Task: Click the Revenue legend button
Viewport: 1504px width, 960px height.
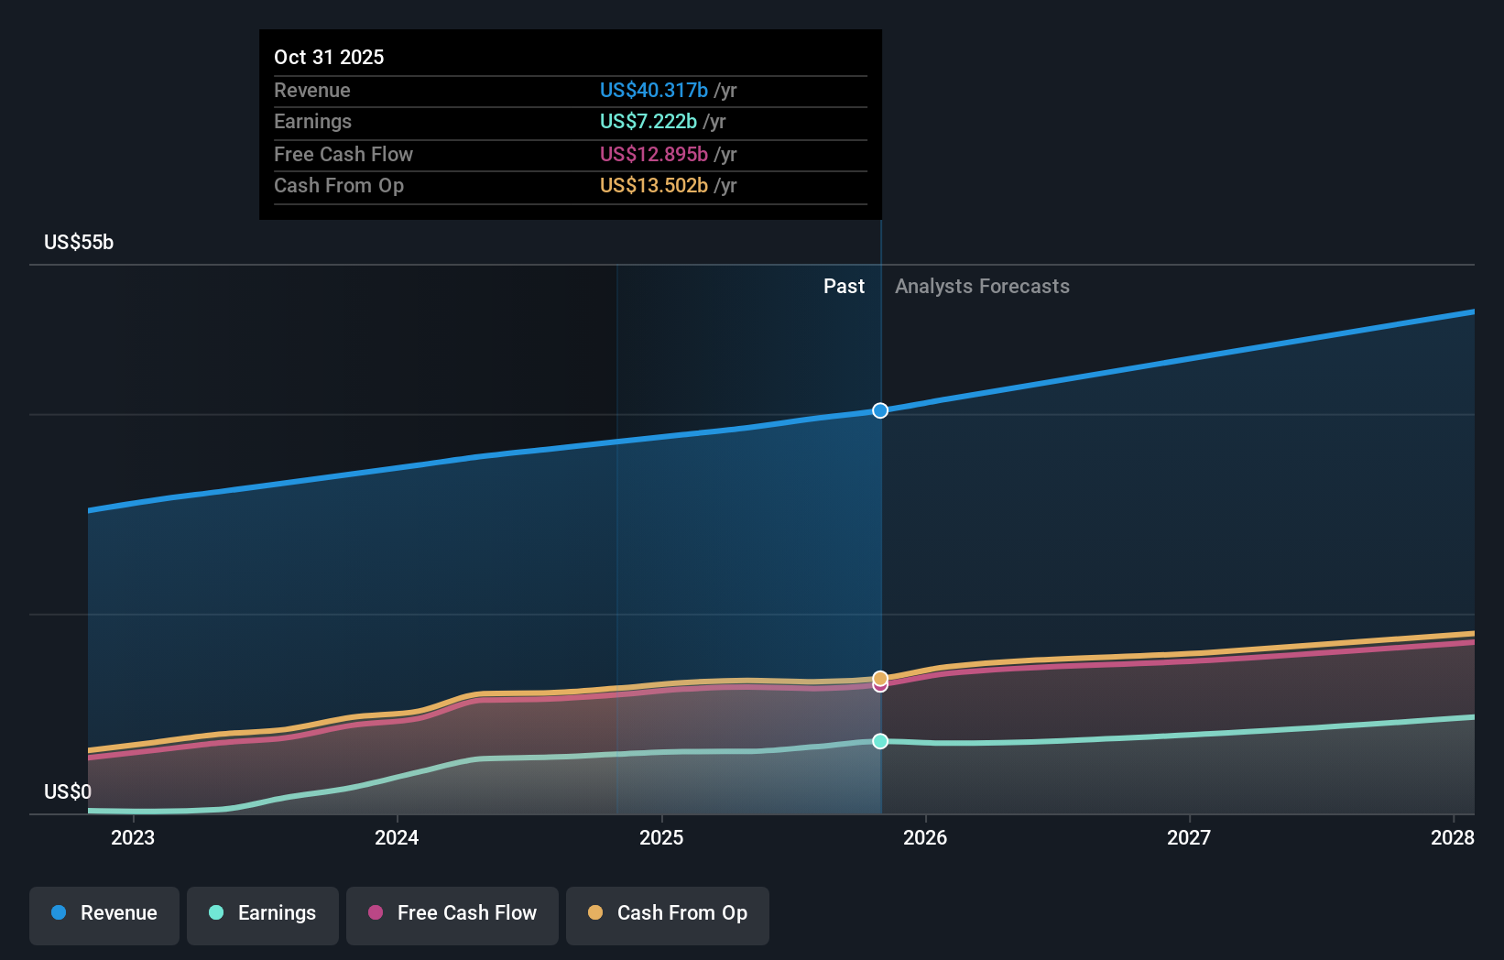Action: [104, 913]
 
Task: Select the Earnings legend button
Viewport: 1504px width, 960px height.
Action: [263, 913]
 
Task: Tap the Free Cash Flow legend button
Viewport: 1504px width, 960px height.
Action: [452, 913]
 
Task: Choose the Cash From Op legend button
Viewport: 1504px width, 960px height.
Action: [668, 913]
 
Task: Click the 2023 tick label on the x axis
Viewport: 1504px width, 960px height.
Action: [133, 837]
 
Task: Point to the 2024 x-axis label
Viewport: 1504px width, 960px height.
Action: [397, 837]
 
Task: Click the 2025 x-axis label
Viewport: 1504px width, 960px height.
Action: [661, 837]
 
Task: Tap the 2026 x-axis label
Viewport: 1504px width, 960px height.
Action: [925, 837]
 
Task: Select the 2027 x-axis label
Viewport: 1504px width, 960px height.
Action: [1189, 837]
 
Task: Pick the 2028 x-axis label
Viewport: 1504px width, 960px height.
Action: [1453, 837]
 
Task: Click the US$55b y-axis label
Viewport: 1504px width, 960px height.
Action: [79, 242]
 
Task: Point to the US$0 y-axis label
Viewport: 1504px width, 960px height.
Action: [68, 791]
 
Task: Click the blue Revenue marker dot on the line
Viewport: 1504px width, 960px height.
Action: [880, 410]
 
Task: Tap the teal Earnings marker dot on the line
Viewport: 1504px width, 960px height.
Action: [880, 741]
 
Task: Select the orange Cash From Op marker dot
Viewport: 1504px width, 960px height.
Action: [880, 678]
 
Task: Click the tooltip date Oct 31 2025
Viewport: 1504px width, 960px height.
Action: [329, 57]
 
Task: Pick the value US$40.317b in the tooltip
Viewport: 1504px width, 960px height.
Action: [653, 90]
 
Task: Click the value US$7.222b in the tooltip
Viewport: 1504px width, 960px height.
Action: [648, 121]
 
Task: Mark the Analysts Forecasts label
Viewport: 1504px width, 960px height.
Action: [982, 286]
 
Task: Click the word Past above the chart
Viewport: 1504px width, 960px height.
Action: [844, 286]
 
